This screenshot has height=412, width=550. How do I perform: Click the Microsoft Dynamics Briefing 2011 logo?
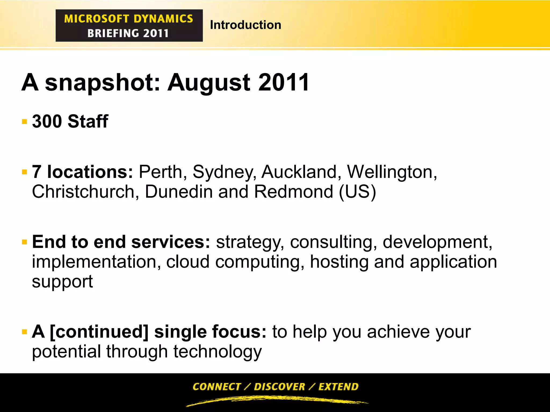pos(129,25)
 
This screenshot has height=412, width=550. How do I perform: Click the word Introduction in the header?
pos(245,25)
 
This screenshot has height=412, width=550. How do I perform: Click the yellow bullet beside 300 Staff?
pos(24,122)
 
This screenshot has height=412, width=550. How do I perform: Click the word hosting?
pos(339,262)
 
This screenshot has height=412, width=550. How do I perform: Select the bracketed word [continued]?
pos(99,332)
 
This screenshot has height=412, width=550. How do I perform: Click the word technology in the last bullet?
pos(217,352)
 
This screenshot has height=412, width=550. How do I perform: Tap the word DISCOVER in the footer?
pos(280,387)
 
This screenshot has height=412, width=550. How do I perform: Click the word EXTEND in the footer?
pos(338,387)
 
